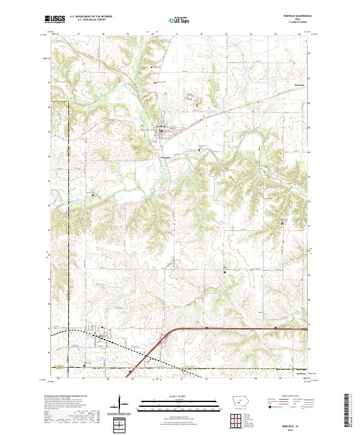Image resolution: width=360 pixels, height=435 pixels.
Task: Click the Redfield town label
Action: point(162,126)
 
